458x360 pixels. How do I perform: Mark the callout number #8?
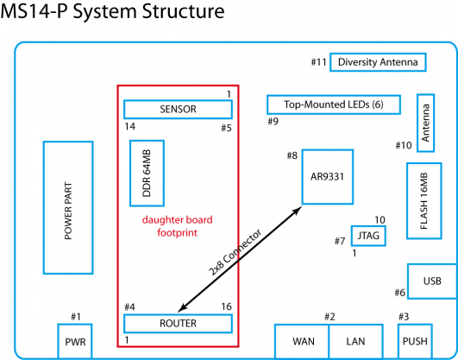[x=292, y=155]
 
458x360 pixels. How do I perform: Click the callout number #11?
[x=318, y=62]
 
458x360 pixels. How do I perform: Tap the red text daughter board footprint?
[x=178, y=226]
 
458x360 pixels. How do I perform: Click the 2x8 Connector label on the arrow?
[x=235, y=253]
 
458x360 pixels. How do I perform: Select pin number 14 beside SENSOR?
[x=130, y=127]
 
